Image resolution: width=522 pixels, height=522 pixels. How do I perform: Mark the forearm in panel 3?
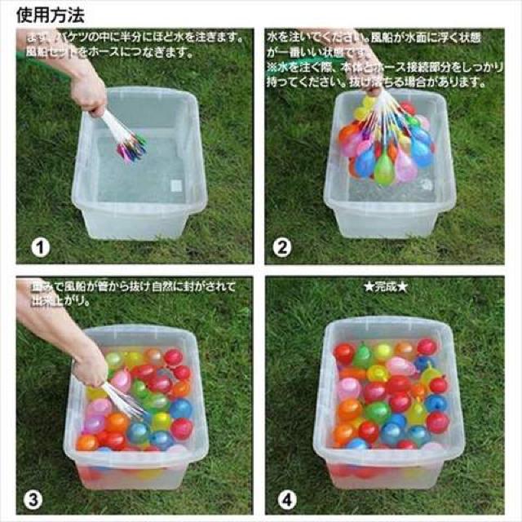pyautogui.click(x=45, y=326)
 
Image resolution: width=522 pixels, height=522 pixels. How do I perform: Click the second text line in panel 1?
pyautogui.click(x=106, y=53)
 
